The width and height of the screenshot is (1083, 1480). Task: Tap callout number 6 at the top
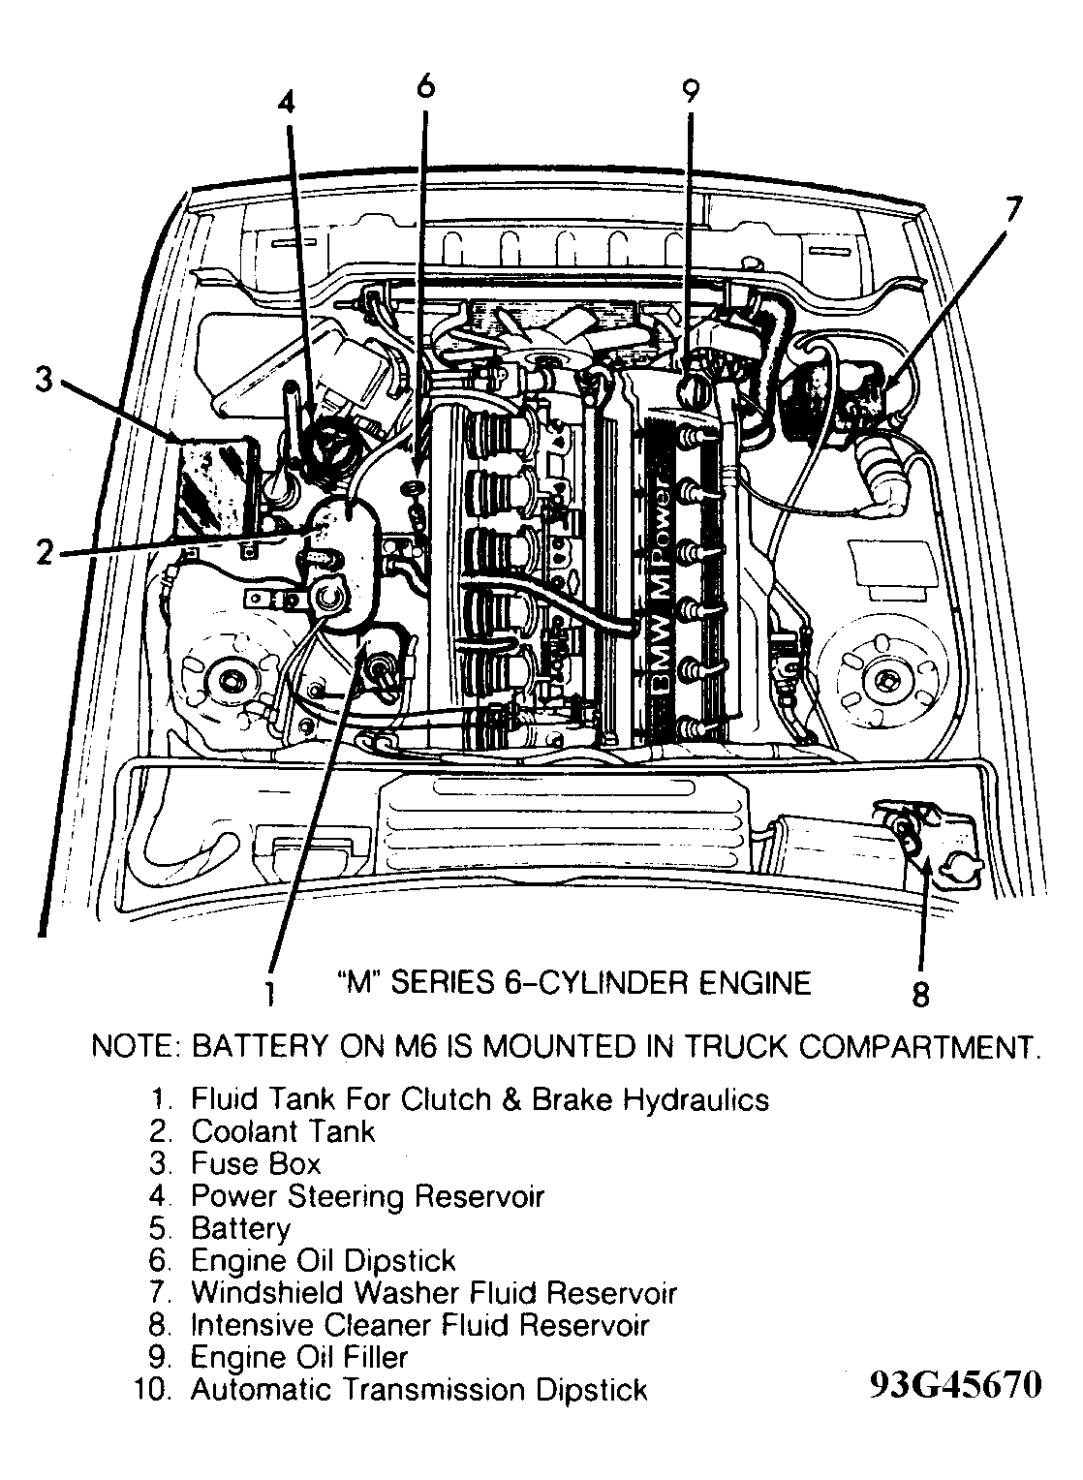click(424, 86)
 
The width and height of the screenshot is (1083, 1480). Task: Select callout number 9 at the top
click(690, 90)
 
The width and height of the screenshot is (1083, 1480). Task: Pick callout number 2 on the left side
click(43, 552)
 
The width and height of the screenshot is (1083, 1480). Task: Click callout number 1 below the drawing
click(270, 992)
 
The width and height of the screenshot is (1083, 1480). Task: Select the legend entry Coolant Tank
click(282, 1131)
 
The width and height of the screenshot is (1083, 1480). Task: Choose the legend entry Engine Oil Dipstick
click(323, 1260)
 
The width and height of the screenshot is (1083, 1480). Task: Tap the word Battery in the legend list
click(240, 1228)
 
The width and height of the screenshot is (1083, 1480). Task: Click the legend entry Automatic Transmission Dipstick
click(418, 1390)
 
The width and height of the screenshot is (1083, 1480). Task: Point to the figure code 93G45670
click(955, 1384)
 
